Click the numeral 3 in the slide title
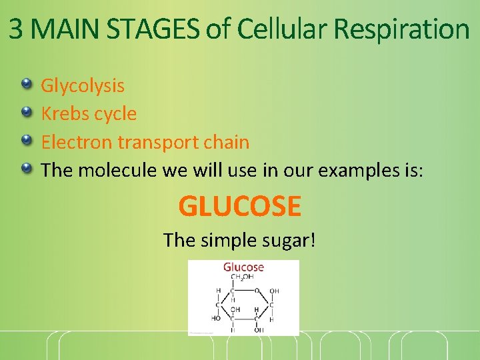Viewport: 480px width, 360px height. coord(17,29)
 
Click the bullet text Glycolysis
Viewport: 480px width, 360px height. coord(83,86)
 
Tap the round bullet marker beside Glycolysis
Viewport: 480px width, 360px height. coord(26,83)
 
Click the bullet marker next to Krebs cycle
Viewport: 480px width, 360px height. coord(26,111)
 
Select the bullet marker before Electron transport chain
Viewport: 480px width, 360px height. coord(26,139)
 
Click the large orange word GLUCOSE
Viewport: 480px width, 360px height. coord(240,207)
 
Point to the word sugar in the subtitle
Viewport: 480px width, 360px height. coord(287,240)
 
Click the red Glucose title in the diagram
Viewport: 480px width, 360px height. coord(243,267)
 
